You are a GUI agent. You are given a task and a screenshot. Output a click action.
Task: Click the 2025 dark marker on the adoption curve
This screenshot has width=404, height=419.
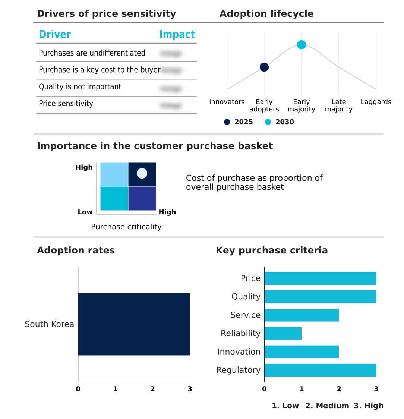pos(264,67)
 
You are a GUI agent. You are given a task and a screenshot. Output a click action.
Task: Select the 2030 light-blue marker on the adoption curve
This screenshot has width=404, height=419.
pos(302,45)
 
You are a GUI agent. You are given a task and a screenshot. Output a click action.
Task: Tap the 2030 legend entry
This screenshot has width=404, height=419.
pos(280,122)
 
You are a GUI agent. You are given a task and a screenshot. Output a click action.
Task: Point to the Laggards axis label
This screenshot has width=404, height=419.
pos(376,102)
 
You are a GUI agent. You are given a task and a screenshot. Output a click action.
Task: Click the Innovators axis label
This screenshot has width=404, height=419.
pos(227,102)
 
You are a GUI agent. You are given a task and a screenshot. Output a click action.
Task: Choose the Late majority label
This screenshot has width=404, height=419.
pos(338,105)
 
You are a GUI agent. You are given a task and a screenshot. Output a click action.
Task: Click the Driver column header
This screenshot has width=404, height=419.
pos(55,35)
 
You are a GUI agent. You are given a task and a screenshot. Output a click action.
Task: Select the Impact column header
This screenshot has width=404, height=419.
pos(177,35)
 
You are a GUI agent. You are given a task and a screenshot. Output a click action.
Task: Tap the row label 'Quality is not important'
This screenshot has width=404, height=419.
pos(80,87)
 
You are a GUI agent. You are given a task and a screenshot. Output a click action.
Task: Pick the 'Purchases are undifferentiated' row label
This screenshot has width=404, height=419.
pos(92,53)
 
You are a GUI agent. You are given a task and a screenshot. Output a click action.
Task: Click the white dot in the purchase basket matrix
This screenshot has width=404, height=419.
pos(142,173)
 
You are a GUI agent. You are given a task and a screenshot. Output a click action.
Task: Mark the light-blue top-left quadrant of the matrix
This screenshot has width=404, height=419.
pos(114,174)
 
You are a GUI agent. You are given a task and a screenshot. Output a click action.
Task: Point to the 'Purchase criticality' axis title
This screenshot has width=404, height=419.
pos(126,227)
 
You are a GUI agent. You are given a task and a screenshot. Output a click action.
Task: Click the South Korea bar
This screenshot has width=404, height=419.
pos(134,324)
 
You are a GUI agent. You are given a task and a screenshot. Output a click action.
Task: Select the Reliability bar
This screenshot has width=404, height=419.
pos(283,333)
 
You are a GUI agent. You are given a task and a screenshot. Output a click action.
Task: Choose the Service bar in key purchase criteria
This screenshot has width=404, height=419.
pos(302,315)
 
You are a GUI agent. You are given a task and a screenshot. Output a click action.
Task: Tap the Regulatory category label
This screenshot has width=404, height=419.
pos(238,370)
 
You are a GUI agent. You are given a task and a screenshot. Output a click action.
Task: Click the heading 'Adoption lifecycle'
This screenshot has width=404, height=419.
pos(266,14)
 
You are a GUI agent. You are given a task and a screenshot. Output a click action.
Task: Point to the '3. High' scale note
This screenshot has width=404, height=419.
pos(368,406)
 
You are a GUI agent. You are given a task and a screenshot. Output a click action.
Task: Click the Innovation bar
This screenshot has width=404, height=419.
pos(302,352)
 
